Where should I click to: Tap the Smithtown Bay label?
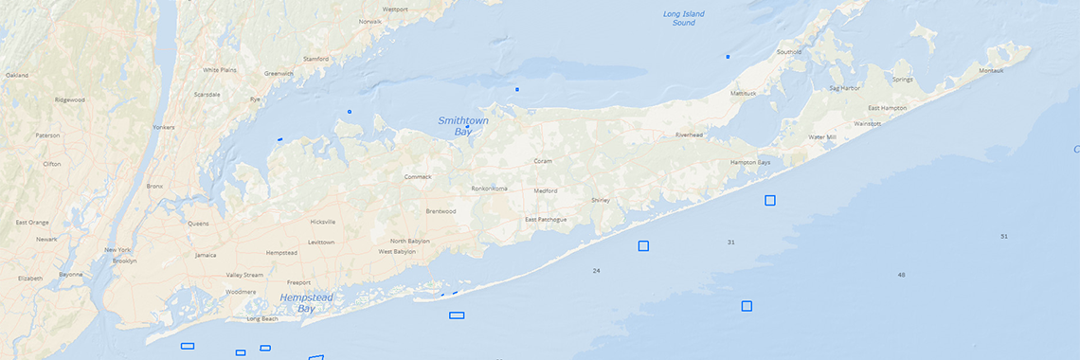tap(456, 126)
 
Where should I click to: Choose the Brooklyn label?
tap(125, 261)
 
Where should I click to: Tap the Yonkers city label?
tap(163, 127)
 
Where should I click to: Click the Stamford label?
tap(315, 59)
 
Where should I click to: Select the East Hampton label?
tap(887, 108)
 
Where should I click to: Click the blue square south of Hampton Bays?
tap(770, 200)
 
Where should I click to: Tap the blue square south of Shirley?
tap(643, 246)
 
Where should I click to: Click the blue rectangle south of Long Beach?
tap(188, 346)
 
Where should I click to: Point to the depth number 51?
tap(1004, 236)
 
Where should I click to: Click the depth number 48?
tap(901, 275)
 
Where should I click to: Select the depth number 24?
tap(596, 271)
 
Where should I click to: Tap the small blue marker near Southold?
tap(728, 57)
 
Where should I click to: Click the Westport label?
tap(395, 9)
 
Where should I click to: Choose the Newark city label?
tap(46, 240)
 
